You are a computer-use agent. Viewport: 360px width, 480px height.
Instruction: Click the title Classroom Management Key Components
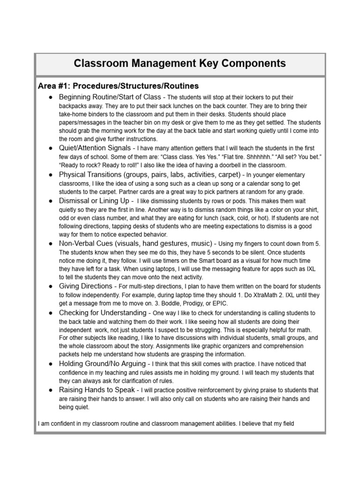pos(180,63)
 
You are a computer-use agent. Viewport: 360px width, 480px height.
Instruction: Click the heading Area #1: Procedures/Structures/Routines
pos(118,86)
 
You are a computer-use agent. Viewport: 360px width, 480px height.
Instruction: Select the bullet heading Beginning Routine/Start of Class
pos(110,97)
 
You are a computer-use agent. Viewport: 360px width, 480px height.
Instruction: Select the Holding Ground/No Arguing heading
pos(103,364)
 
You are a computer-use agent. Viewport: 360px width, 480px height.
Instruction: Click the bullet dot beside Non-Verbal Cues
pos(50,244)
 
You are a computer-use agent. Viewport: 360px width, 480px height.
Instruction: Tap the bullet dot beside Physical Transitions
pos(50,175)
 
